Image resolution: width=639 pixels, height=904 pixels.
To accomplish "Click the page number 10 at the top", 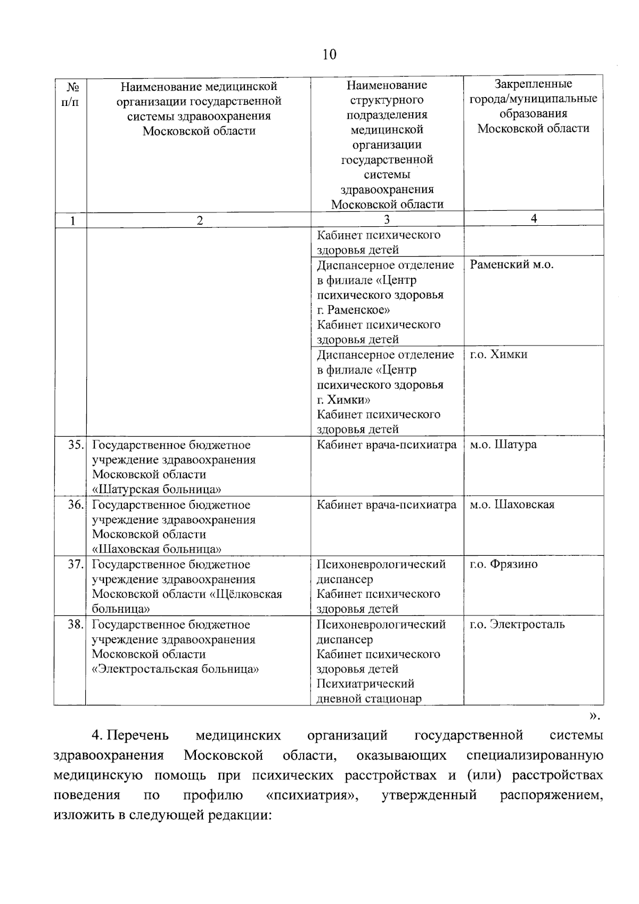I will pyautogui.click(x=330, y=55).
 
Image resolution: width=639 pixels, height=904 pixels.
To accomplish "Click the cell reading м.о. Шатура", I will pyautogui.click(x=503, y=445).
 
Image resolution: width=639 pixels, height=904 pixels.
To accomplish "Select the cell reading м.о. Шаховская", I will pyautogui.click(x=512, y=505).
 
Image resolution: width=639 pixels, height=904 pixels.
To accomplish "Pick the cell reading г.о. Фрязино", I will pyautogui.click(x=503, y=564).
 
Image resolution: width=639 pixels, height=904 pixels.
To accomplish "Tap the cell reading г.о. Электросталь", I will pyautogui.click(x=517, y=624).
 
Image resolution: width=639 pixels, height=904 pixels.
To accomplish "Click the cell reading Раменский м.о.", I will pyautogui.click(x=512, y=265).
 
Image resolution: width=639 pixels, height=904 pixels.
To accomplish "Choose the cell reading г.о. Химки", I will pyautogui.click(x=498, y=355).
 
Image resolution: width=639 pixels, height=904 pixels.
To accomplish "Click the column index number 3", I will pyautogui.click(x=387, y=220).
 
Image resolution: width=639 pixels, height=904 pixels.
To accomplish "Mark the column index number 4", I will pyautogui.click(x=534, y=219).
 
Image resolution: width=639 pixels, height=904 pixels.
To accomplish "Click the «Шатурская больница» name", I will pyautogui.click(x=157, y=489).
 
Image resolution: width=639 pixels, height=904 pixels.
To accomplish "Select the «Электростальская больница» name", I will pyautogui.click(x=176, y=669).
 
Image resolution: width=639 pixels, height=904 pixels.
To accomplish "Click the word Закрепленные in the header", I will pyautogui.click(x=533, y=84).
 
